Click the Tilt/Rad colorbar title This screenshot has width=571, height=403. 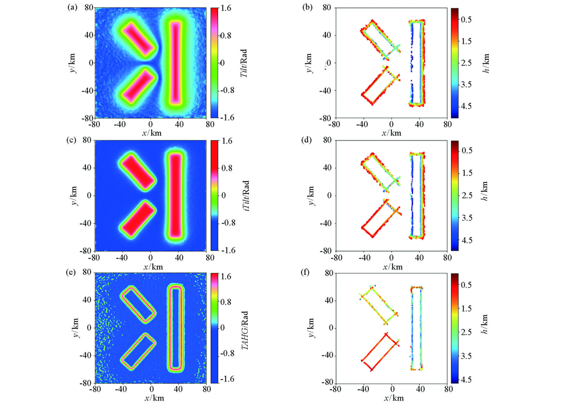pos(244,63)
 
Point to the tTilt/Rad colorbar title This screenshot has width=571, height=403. pos(244,195)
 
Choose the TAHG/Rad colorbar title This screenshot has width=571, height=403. pos(244,328)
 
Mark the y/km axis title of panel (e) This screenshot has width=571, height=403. pos(77,328)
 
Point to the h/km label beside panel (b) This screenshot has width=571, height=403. pos(495,63)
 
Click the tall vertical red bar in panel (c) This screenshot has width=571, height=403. pos(175,195)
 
